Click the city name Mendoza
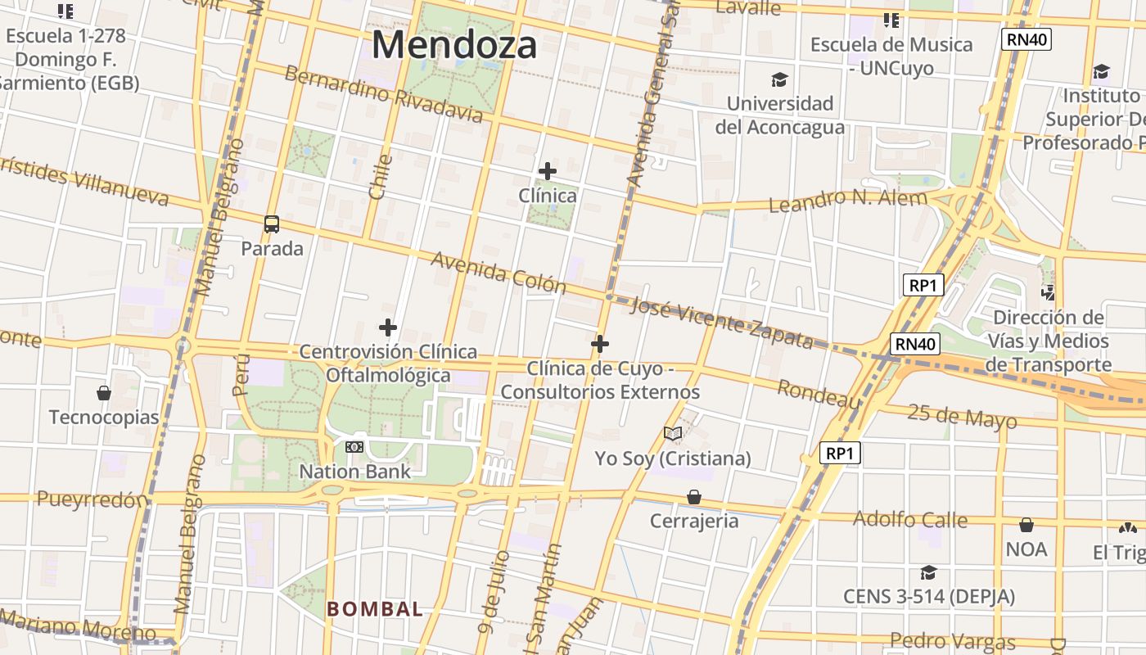click(x=454, y=44)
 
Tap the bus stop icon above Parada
click(x=272, y=224)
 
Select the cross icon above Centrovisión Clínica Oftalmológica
click(x=388, y=328)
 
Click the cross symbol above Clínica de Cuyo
click(x=600, y=344)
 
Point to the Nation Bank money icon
click(x=354, y=447)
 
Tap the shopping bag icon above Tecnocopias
click(x=104, y=393)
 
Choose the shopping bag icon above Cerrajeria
click(x=694, y=497)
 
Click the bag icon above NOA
click(x=1026, y=525)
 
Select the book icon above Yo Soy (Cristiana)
click(x=673, y=433)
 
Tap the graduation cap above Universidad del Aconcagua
click(x=779, y=80)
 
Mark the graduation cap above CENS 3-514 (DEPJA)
click(x=928, y=572)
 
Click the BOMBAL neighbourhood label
click(x=375, y=609)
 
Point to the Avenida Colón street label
click(x=499, y=272)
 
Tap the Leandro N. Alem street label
click(x=848, y=199)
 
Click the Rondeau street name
click(x=819, y=394)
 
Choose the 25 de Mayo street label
click(x=962, y=416)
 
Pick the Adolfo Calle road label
click(x=910, y=519)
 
